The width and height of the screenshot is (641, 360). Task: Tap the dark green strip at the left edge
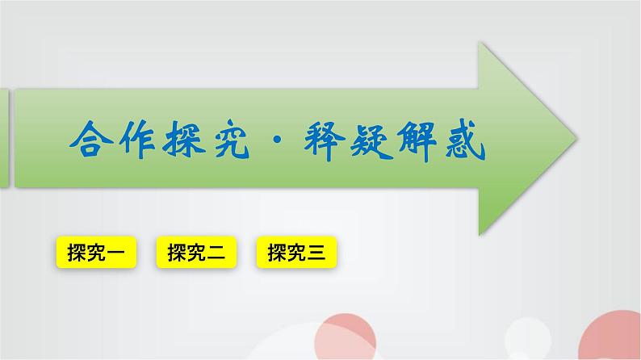click(x=4, y=137)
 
